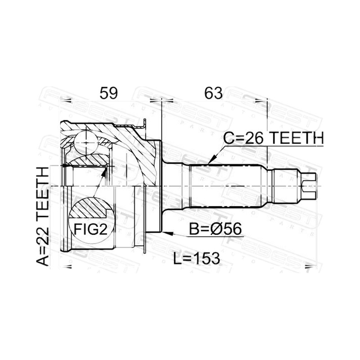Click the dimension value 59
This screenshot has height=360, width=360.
108,93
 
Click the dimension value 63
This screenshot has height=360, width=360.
213,93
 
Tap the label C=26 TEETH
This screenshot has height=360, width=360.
274,138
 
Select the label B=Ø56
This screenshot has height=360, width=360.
216,229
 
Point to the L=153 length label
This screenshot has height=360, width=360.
197,258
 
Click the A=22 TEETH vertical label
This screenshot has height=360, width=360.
43,216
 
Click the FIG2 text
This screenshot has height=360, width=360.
91,229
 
